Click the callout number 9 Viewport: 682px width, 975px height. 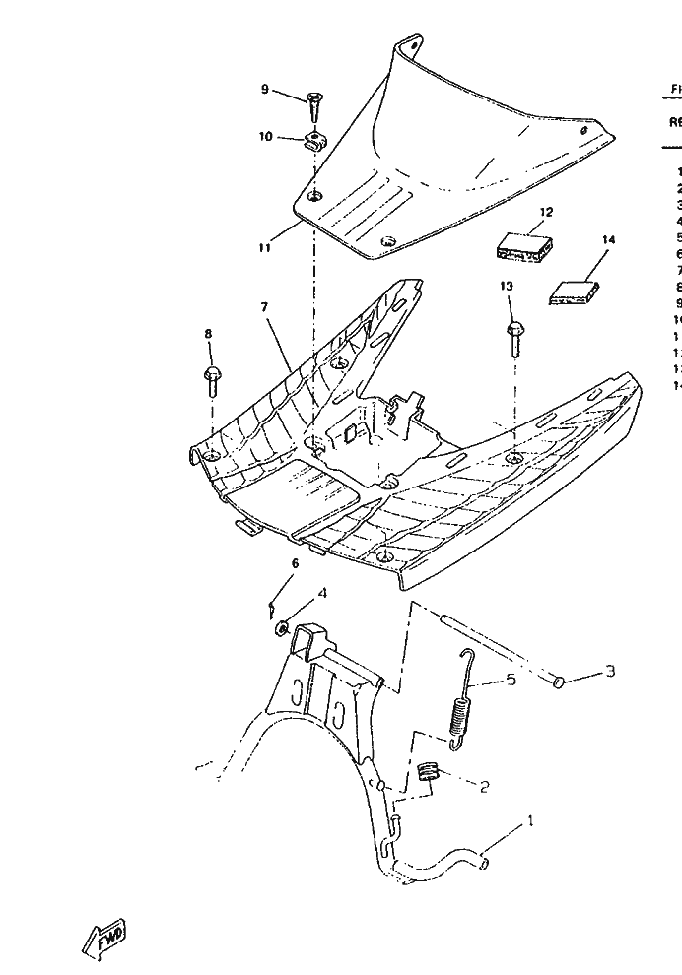click(x=264, y=89)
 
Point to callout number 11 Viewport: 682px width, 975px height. click(x=264, y=248)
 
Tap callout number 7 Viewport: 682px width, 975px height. click(x=264, y=308)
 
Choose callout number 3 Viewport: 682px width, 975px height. click(x=610, y=672)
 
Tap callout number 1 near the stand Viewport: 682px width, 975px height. click(x=531, y=820)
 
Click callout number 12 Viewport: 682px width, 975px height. click(x=546, y=212)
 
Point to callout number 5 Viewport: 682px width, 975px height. click(x=511, y=680)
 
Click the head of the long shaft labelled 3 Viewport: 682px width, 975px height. click(x=558, y=682)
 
